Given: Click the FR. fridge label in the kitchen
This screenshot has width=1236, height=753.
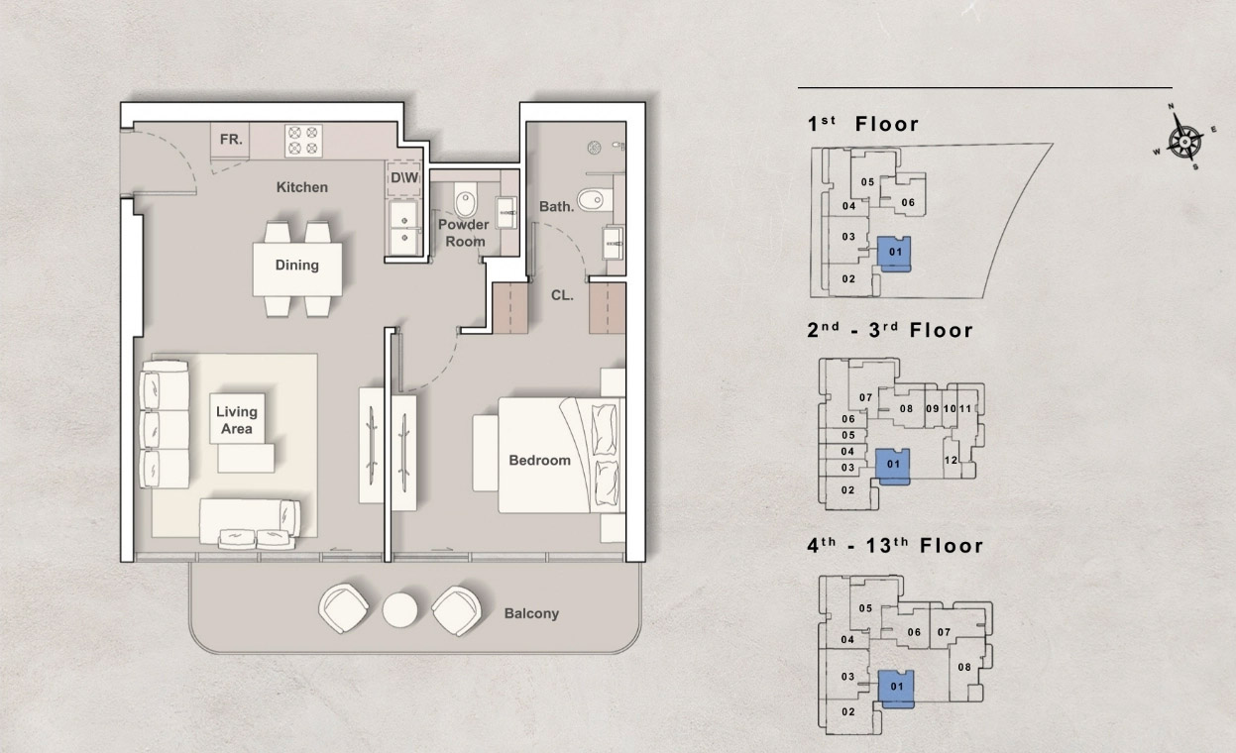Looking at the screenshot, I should point(230,140).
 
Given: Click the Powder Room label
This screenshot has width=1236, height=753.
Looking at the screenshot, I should point(464,233).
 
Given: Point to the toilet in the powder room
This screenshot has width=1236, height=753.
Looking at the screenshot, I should point(465,203).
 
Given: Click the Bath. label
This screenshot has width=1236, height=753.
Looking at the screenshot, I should point(556,207).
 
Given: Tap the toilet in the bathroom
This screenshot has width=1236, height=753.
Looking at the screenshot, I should point(593,200).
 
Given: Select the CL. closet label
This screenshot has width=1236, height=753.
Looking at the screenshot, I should point(562,294).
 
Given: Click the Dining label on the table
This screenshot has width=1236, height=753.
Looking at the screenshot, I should point(297,265).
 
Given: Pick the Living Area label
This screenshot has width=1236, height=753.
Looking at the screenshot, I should point(236,420).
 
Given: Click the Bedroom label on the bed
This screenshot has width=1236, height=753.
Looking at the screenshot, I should point(539,460).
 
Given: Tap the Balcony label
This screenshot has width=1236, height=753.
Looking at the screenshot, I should point(531,613).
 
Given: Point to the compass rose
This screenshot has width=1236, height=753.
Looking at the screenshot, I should point(1183,139).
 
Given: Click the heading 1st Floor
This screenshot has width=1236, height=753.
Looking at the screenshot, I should point(863,124).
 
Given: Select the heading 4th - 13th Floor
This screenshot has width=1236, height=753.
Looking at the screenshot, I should point(895,545).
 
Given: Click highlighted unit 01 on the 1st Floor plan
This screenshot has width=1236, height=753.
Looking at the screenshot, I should point(894,253).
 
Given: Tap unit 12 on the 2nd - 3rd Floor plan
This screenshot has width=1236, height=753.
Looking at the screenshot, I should point(951,460).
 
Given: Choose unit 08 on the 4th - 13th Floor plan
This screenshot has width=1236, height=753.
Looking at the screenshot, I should point(963,667).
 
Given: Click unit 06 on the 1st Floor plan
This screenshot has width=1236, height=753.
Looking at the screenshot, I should point(907,202).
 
